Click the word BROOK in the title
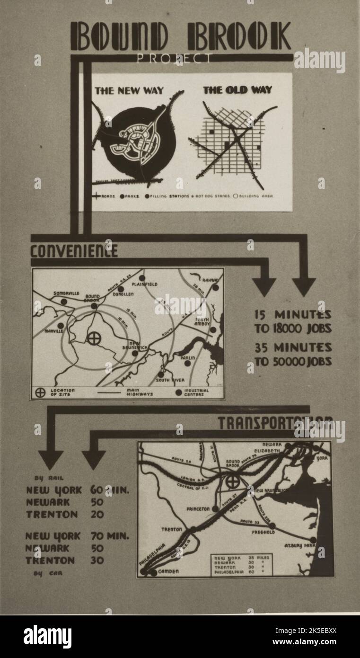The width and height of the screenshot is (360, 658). coord(239,36)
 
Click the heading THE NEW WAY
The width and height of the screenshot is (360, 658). coord(129,90)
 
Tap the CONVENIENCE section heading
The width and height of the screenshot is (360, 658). coord(74,250)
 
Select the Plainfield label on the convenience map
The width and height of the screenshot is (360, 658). coord(144,284)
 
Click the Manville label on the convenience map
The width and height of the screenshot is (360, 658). coord(54,331)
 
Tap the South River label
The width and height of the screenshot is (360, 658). coord(170,380)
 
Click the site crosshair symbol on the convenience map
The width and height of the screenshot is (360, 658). coord(94,338)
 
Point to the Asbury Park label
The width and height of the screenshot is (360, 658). coord(299,546)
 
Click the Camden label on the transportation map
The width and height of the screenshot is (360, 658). coord(168,571)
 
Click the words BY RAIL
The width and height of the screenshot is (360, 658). coord(49,478)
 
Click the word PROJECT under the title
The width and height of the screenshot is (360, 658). coord(174,59)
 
